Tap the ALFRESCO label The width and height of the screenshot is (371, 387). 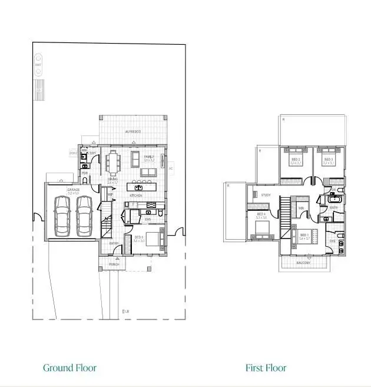coord(132,131)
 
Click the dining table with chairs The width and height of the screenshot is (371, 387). coord(112,163)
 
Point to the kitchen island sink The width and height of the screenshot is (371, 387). coord(139,187)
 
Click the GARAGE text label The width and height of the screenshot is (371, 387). coord(73,190)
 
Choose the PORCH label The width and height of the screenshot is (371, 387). coord(114,264)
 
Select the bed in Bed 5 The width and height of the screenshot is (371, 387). coord(154,239)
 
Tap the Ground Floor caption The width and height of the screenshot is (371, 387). coord(69,368)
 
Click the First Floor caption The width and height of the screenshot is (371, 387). coord(266,368)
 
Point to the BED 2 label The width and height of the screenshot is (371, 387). coord(296,159)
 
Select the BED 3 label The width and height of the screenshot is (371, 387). coord(328,159)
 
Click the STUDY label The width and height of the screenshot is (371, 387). coord(266,195)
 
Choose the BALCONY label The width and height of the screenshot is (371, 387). coord(303,263)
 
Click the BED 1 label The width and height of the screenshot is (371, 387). coord(304,234)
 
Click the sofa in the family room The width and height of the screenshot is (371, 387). coord(149,171)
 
